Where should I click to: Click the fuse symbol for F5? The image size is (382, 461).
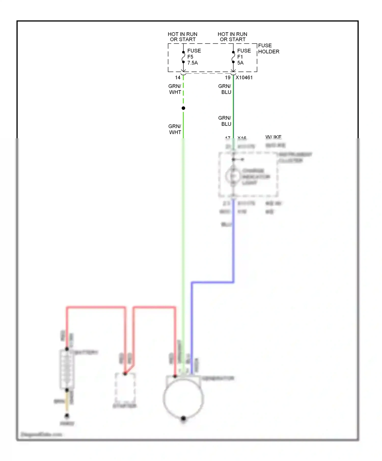[183, 57]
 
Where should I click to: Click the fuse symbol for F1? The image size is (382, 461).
[233, 57]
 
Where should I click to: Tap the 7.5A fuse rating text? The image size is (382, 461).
[193, 63]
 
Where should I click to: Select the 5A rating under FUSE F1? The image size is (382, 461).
[240, 63]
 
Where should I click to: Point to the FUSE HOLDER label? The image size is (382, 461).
[268, 49]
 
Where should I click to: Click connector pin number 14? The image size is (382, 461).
[178, 78]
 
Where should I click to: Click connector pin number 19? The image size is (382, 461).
[228, 78]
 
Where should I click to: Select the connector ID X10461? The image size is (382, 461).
[244, 78]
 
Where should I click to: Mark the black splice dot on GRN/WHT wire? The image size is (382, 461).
[183, 108]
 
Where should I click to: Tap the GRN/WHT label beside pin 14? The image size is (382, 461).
[175, 89]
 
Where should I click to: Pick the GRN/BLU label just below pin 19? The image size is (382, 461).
[225, 89]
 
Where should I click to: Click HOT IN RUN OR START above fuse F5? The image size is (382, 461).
[183, 37]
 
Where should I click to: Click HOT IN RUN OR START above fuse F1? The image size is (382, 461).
[233, 37]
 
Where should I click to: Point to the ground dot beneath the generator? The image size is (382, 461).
[183, 418]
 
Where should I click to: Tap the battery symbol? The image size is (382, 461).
[67, 370]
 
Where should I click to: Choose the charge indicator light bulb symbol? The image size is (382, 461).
[233, 176]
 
